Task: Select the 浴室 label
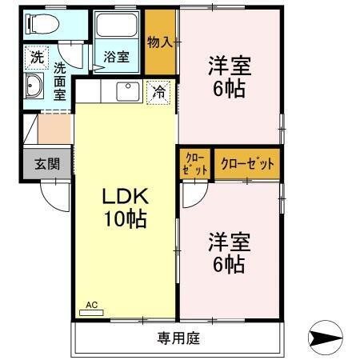(117, 57)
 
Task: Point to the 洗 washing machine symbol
(37, 57)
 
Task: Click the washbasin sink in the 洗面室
(36, 88)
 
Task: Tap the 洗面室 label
(59, 80)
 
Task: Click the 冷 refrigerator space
(160, 93)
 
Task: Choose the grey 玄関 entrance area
(46, 164)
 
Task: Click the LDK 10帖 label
(123, 207)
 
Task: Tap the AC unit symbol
(91, 308)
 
